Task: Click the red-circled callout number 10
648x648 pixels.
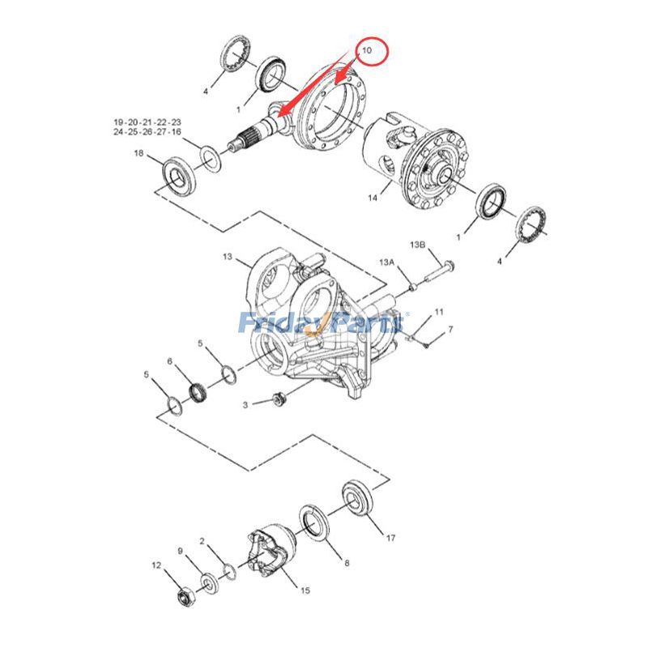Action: click(366, 50)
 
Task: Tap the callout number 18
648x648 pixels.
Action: click(139, 153)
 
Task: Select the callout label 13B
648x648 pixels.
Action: click(417, 244)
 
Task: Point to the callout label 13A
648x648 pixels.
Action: click(387, 262)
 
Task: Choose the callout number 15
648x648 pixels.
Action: click(305, 590)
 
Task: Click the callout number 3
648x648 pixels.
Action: click(245, 403)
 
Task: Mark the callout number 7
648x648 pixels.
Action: click(450, 329)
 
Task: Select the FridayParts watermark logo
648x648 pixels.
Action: click(322, 323)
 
